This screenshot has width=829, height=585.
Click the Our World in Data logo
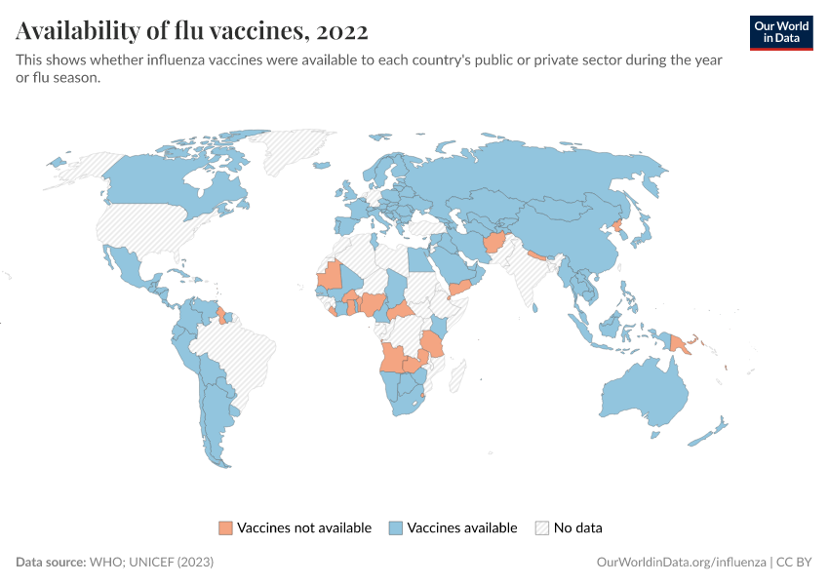pyautogui.click(x=780, y=32)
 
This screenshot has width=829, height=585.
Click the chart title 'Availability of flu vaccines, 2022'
pyautogui.click(x=192, y=31)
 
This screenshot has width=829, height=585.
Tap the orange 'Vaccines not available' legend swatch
pyautogui.click(x=226, y=528)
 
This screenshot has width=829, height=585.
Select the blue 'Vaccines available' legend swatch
pyautogui.click(x=396, y=528)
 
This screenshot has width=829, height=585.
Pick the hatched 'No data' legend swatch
pyautogui.click(x=542, y=528)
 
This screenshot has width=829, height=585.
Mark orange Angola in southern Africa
pyautogui.click(x=395, y=359)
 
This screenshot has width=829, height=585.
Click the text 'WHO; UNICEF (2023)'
pyautogui.click(x=151, y=563)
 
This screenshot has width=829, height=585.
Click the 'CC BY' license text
pyautogui.click(x=795, y=563)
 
